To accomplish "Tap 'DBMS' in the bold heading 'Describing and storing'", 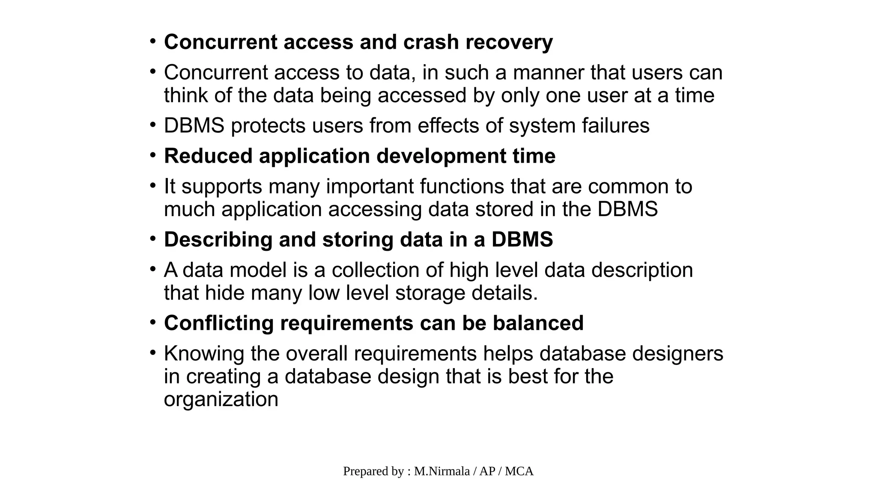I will pyautogui.click(x=522, y=239).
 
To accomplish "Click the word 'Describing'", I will pyautogui.click(x=218, y=239).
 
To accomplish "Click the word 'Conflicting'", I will pyautogui.click(x=218, y=323).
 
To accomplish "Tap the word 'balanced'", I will pyautogui.click(x=538, y=323).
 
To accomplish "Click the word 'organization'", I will pyautogui.click(x=221, y=399).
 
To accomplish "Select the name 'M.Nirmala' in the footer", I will pyautogui.click(x=442, y=471).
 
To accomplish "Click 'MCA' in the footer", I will pyautogui.click(x=519, y=471).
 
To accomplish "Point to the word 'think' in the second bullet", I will pyautogui.click(x=185, y=95).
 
